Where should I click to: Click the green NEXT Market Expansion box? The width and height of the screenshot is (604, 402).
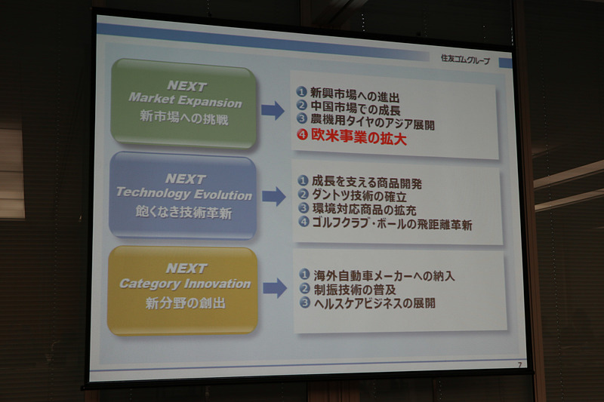point(183,103)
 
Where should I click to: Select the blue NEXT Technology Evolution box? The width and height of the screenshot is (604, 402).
point(183,196)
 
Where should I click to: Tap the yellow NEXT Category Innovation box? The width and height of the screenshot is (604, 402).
point(183,289)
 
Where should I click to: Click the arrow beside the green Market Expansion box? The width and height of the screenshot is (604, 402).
point(273,111)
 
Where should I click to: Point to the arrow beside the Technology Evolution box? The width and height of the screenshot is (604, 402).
point(273,198)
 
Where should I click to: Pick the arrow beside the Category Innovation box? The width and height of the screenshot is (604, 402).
point(274,287)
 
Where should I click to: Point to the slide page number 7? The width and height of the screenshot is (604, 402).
point(519,365)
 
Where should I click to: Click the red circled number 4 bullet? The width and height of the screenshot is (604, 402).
point(302,139)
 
